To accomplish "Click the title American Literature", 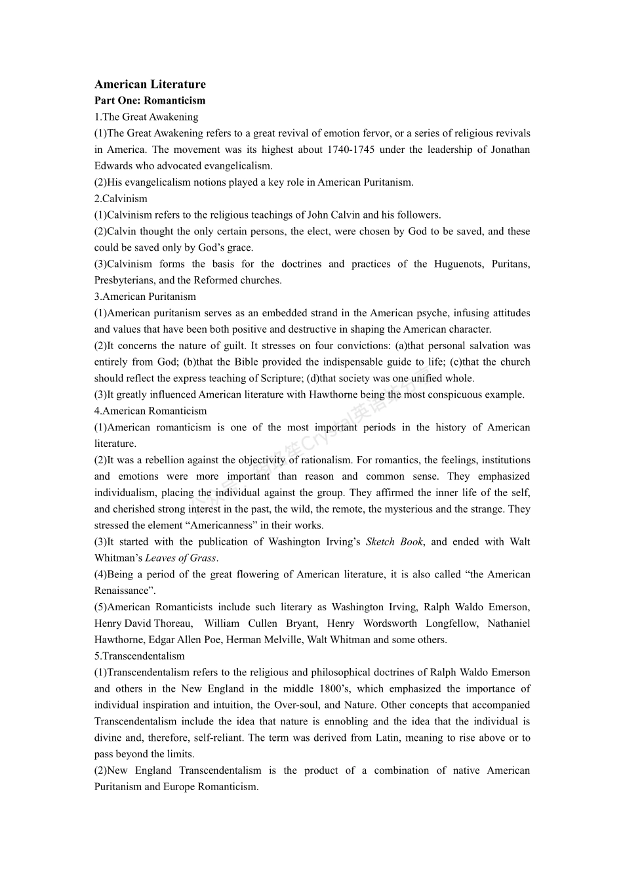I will (x=150, y=84).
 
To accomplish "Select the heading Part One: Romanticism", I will (x=150, y=100).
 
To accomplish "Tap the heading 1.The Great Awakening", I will (x=146, y=117).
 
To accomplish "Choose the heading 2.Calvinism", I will (x=121, y=198).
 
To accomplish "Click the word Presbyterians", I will (x=123, y=280).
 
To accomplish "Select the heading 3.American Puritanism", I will (x=145, y=297).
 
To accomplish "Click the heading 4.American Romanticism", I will (x=150, y=411).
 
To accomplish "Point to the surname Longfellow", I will (x=452, y=623).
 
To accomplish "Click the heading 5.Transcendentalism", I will (x=140, y=656).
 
